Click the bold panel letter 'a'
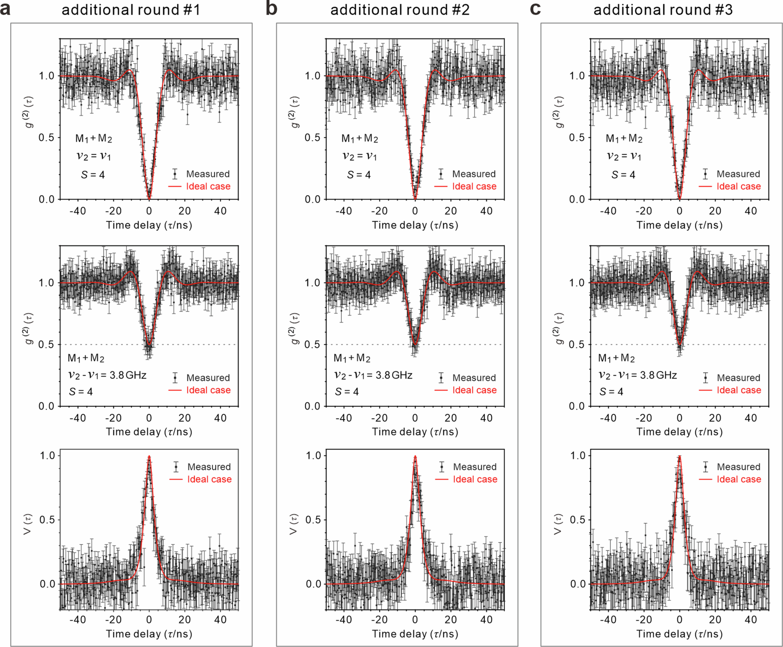click(x=5, y=9)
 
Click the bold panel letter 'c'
click(x=535, y=9)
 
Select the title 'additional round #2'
click(x=400, y=10)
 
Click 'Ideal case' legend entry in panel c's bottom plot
click(x=739, y=479)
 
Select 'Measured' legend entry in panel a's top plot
click(x=208, y=174)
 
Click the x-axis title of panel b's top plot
click(x=415, y=225)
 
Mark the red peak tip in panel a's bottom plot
click(x=149, y=456)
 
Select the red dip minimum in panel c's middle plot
click(x=679, y=344)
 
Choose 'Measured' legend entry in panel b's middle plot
click(x=474, y=378)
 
